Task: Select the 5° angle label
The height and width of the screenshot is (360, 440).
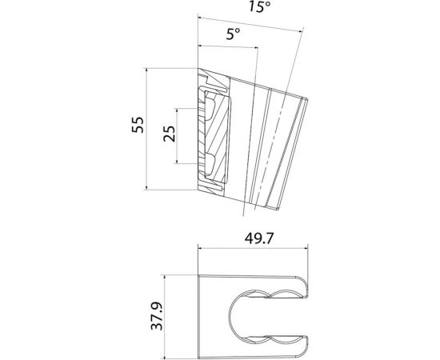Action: pos(233,34)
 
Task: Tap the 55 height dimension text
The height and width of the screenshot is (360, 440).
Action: pos(137,129)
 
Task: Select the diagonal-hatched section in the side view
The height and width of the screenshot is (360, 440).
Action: pos(213,132)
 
